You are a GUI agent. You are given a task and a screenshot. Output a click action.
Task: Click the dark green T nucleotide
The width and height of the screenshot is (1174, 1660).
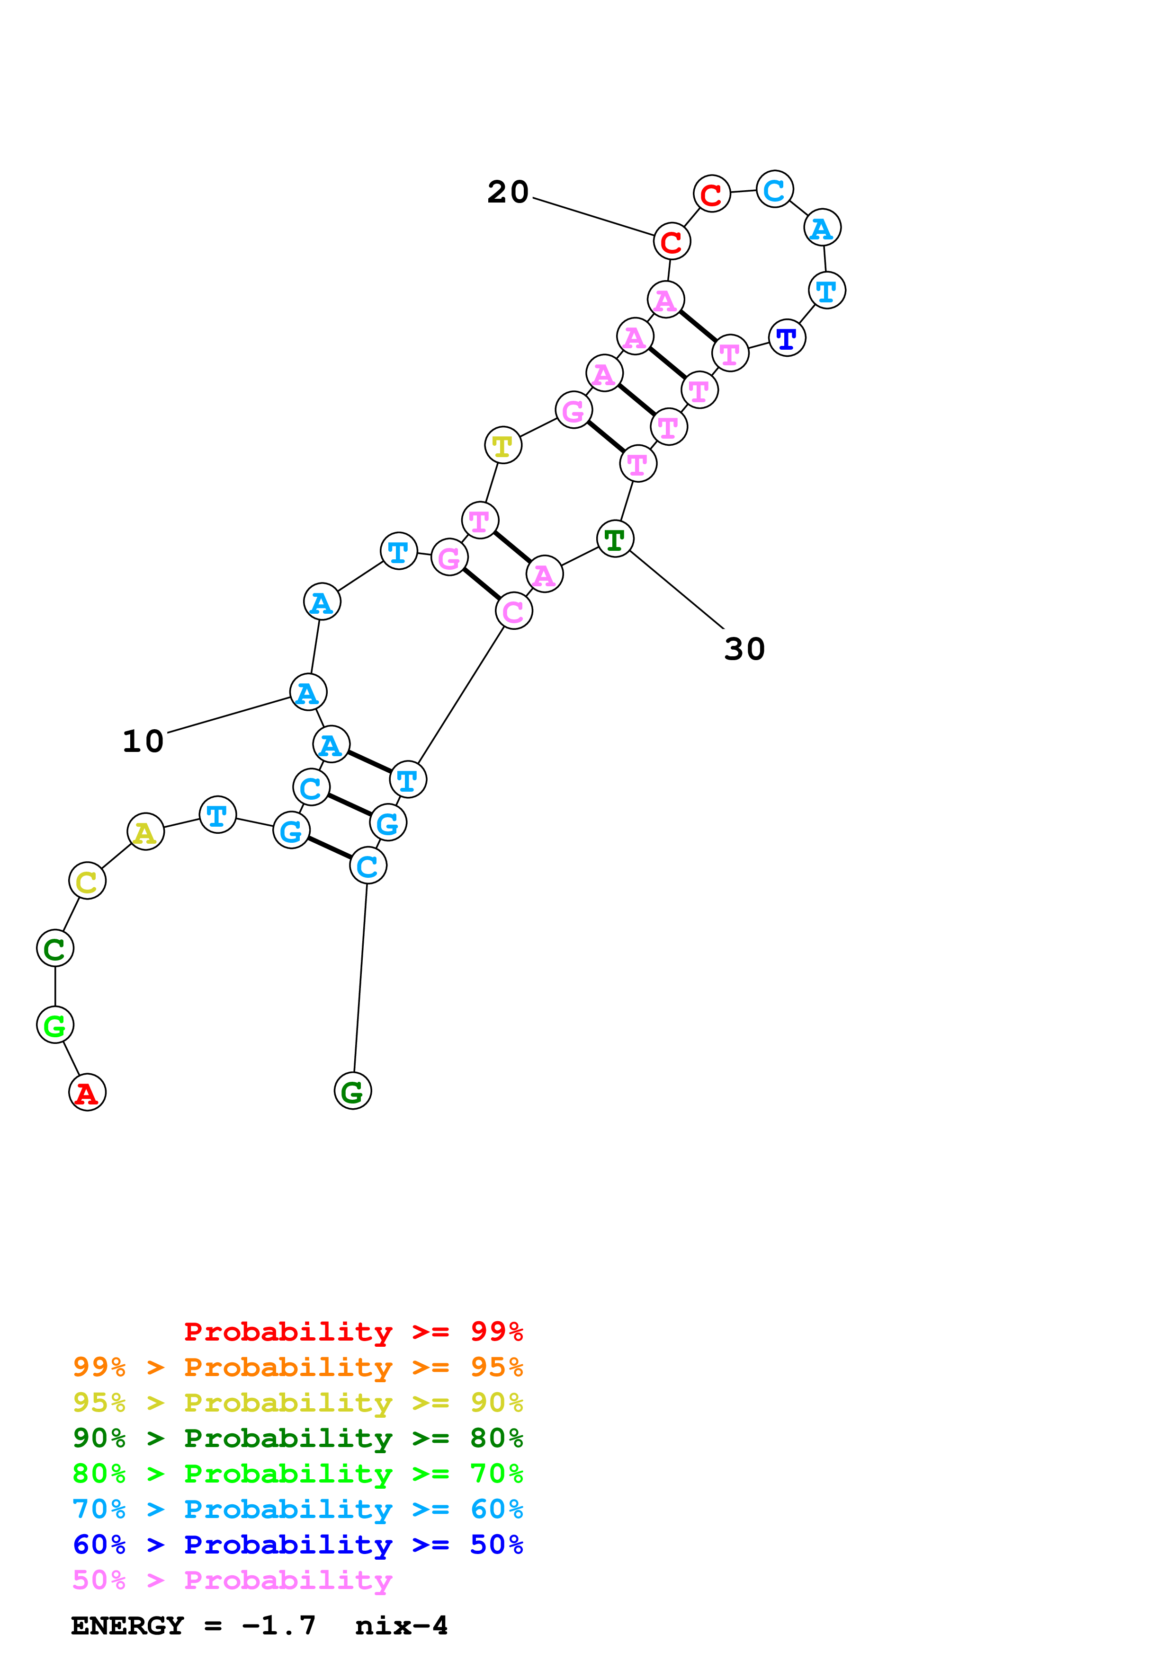pyautogui.click(x=615, y=539)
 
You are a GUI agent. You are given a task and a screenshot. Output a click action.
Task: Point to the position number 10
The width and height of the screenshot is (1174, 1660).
pyautogui.click(x=143, y=741)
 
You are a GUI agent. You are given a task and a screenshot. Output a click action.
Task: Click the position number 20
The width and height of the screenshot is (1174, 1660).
pyautogui.click(x=508, y=192)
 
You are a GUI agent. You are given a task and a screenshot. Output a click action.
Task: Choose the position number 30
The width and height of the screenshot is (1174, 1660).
pyautogui.click(x=744, y=649)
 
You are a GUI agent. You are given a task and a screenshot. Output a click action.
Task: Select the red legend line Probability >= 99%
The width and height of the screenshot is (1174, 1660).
pyautogui.click(x=353, y=1331)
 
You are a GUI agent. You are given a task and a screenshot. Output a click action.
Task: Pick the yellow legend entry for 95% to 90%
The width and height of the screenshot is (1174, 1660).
pyautogui.click(x=297, y=1402)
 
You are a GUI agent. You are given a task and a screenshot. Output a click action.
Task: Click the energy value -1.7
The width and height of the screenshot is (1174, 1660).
pyautogui.click(x=278, y=1625)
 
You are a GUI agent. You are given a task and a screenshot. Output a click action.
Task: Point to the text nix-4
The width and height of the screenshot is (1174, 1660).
pyautogui.click(x=402, y=1625)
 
